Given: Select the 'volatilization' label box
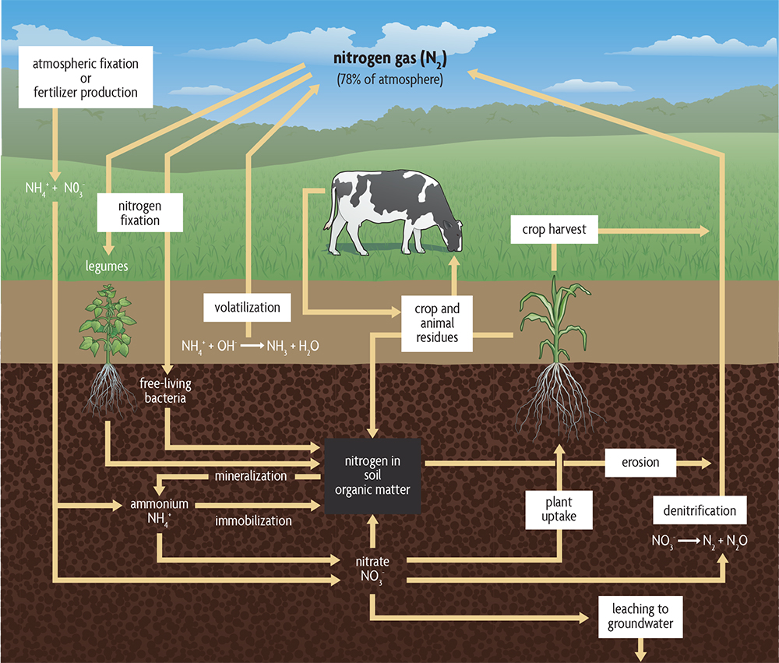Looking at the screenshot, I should pyautogui.click(x=247, y=307).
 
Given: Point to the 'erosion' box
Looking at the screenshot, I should pyautogui.click(x=640, y=462).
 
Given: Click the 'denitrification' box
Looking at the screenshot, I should pyautogui.click(x=700, y=511).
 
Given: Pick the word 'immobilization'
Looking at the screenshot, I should pyautogui.click(x=254, y=520).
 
